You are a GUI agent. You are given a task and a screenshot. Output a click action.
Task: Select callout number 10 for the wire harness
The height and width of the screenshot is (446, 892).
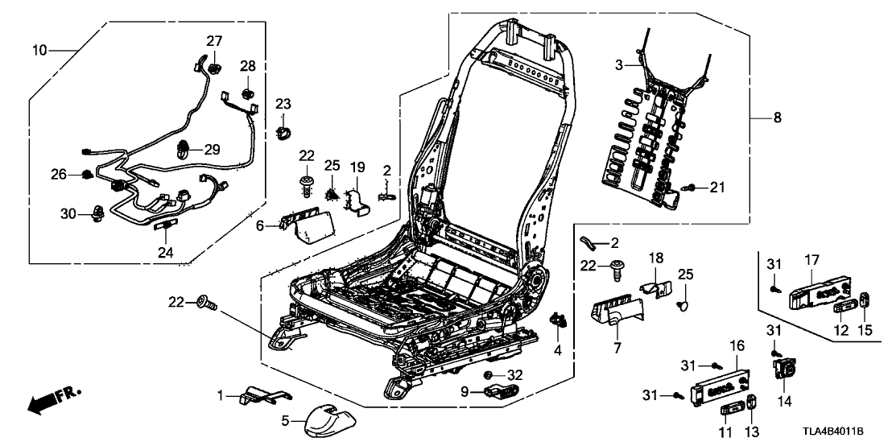point(39,51)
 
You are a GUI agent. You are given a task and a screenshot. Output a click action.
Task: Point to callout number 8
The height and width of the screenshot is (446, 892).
point(776,118)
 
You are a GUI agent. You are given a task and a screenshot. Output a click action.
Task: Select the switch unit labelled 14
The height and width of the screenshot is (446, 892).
point(783,370)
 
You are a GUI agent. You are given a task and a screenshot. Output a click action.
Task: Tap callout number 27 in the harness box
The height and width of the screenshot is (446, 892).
point(213,42)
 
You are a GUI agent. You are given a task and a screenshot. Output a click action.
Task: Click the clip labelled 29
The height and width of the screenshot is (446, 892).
point(183,147)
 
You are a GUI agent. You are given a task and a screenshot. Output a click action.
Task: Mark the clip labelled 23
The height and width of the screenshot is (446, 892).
point(283,131)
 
